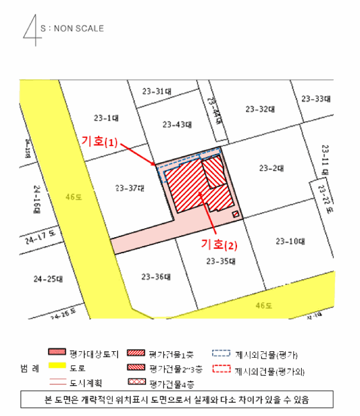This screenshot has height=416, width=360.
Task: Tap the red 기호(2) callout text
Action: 220,244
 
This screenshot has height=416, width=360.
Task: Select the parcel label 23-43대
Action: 177,125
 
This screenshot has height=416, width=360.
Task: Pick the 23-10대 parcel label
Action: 290,241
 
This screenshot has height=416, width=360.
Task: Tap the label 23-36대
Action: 155,276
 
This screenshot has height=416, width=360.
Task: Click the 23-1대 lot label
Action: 107,116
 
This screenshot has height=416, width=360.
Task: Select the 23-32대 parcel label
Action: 260,109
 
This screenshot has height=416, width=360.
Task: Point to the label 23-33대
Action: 315,98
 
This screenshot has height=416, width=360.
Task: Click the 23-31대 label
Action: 157,92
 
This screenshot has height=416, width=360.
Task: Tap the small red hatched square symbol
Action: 235,214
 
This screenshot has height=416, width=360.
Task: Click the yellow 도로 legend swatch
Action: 59,368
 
